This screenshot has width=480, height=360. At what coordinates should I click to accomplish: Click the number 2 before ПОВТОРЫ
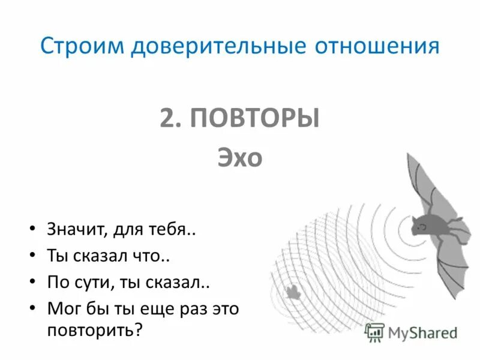[x=167, y=118]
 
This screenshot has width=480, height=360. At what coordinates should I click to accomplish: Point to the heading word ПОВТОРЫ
[x=254, y=118]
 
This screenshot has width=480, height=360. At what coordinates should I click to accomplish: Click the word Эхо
[x=239, y=158]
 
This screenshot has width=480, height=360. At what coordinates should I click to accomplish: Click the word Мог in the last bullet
[x=63, y=309]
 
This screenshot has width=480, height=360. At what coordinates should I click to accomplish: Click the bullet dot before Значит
[x=32, y=231]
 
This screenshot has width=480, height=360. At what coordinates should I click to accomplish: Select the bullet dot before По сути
[x=32, y=283]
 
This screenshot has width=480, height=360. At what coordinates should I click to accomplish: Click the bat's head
[x=421, y=226]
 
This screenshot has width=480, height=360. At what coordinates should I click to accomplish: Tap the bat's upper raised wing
[x=427, y=180]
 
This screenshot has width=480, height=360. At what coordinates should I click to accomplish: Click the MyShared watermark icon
[x=374, y=332]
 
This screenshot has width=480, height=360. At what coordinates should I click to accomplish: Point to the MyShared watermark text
[x=422, y=332]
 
